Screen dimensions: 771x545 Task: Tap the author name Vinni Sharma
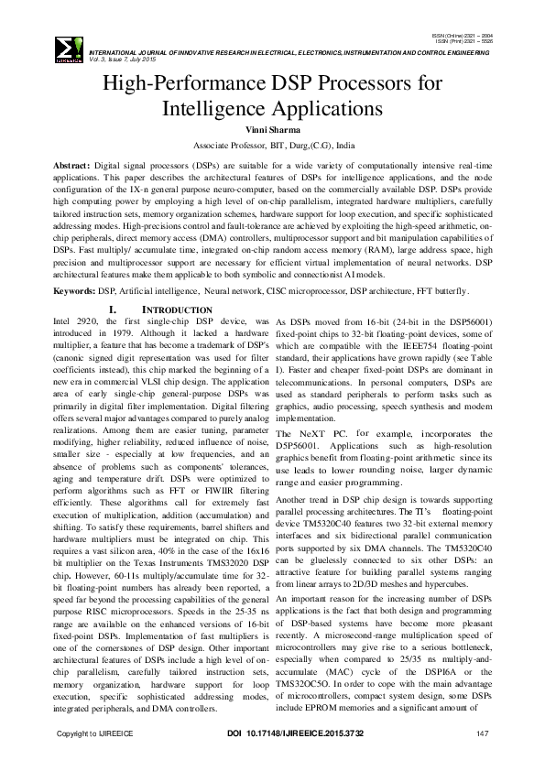coord(273,131)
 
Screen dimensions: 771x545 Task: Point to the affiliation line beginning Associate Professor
coord(273,146)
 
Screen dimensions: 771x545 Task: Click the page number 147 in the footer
coord(482,760)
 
